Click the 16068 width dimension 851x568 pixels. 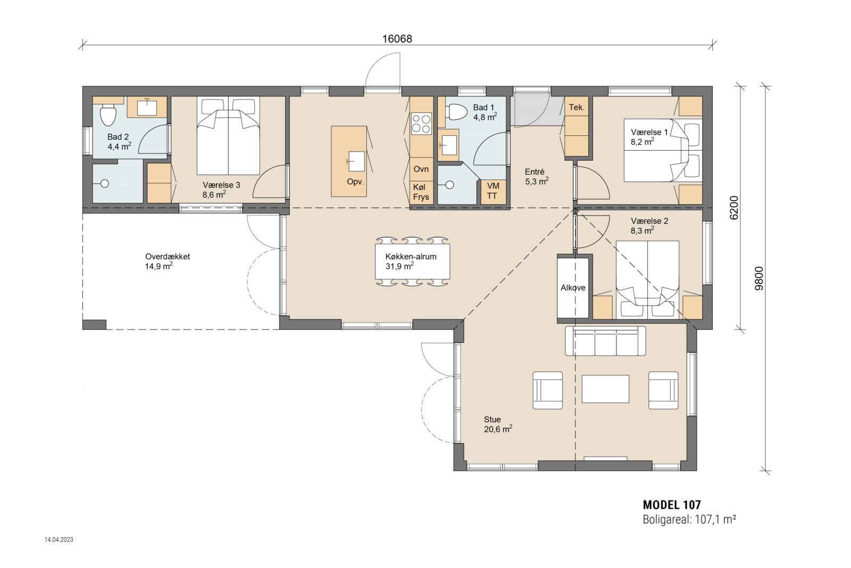(397, 39)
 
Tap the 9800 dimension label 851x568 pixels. (759, 278)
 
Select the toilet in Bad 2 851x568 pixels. (108, 116)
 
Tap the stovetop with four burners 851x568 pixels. (421, 124)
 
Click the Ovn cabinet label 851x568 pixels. (421, 169)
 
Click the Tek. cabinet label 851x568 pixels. (577, 107)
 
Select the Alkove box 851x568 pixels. (573, 287)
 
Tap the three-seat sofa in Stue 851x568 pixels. (605, 341)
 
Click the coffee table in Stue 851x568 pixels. (605, 389)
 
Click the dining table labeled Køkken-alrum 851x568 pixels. (412, 261)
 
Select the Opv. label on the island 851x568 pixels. (355, 182)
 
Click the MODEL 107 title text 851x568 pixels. (671, 505)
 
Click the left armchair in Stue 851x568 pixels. (548, 390)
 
